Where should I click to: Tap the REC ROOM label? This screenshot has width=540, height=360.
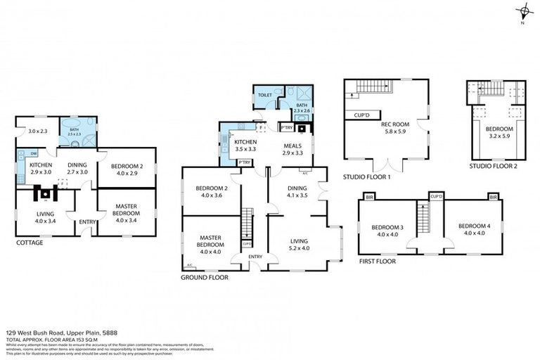394,124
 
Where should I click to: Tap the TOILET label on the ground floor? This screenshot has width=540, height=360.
264,94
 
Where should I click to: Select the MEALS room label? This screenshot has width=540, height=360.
292,146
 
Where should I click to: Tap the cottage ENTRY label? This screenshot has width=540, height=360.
87,222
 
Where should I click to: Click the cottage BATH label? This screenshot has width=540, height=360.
73,129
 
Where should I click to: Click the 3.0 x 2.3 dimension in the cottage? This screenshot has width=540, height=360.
37,131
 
